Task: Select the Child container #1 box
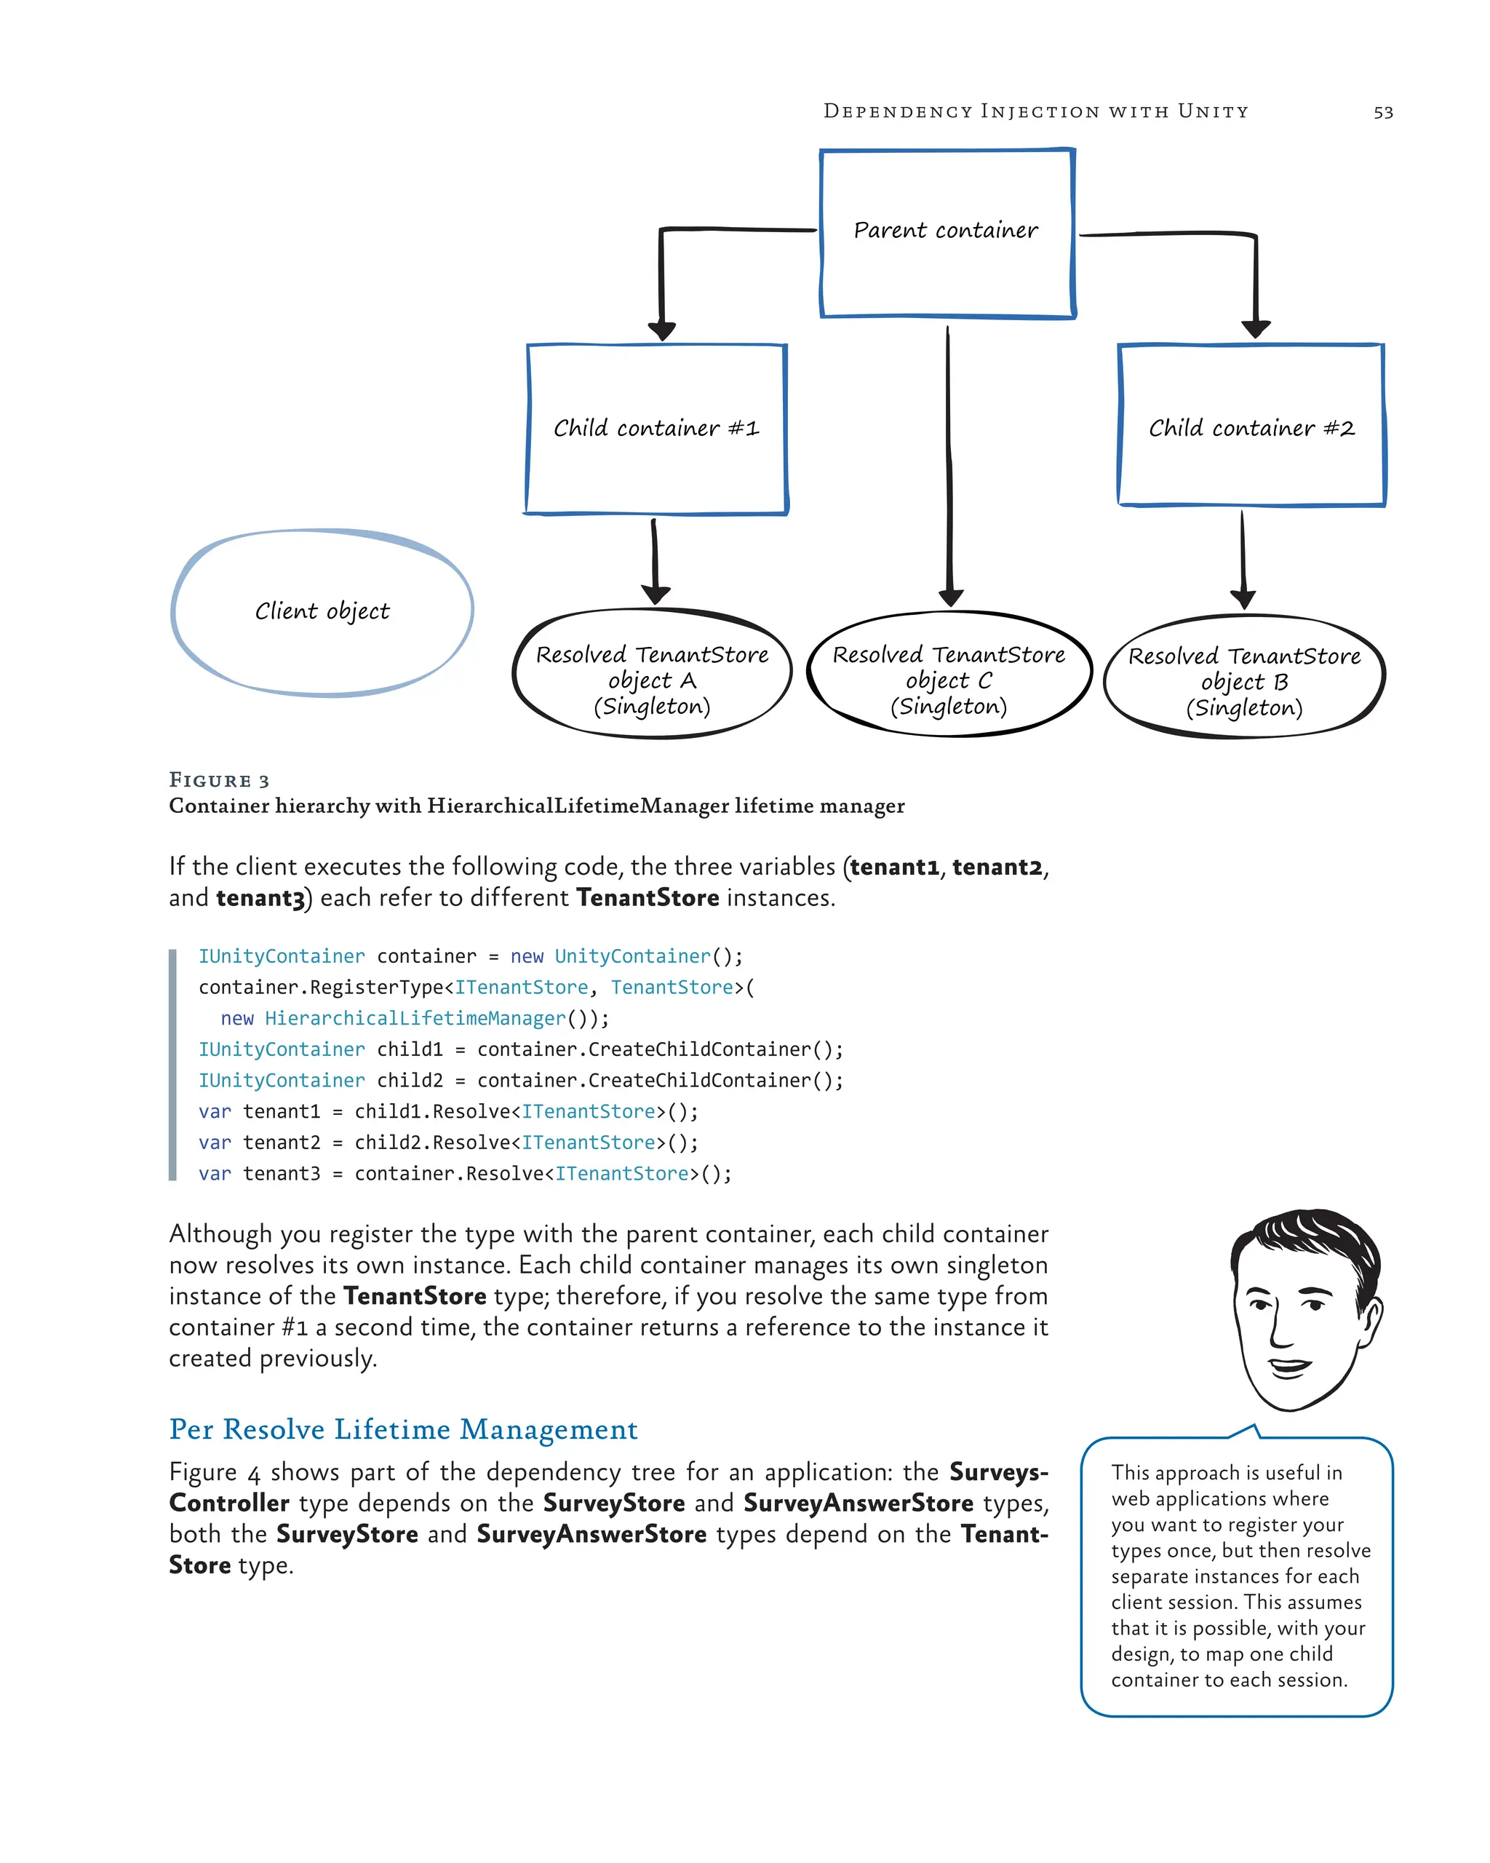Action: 656,429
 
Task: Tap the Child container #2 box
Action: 1251,425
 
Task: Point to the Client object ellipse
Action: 322,612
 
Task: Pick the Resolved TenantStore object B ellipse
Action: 1244,678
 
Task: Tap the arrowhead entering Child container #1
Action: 661,331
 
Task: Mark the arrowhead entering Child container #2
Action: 1255,329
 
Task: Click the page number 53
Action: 1383,112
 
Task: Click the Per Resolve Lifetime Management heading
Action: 403,1429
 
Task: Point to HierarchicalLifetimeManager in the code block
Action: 415,1019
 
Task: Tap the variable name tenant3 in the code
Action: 281,1173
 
